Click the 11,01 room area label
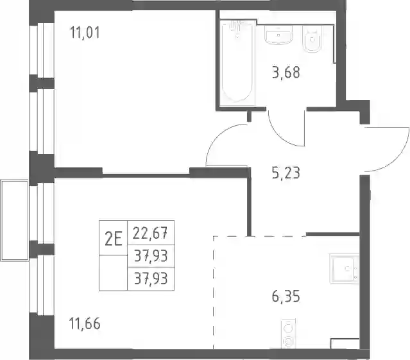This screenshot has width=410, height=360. (x=85, y=33)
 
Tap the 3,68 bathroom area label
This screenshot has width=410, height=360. (x=286, y=73)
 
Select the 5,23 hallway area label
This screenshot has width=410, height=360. (x=286, y=173)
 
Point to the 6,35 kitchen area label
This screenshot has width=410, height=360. (x=286, y=296)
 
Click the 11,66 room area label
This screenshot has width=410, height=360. (x=85, y=323)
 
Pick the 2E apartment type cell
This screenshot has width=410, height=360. (x=113, y=239)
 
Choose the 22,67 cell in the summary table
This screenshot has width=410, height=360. (x=150, y=233)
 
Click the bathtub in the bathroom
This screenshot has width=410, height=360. (x=237, y=63)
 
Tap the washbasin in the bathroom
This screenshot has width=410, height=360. (x=278, y=35)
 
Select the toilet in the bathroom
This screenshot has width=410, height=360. (x=312, y=39)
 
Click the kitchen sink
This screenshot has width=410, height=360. (x=345, y=268)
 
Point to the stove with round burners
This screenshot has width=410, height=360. (x=289, y=334)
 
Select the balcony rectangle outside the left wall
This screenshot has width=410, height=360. (x=15, y=220)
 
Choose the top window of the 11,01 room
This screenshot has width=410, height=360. (x=42, y=50)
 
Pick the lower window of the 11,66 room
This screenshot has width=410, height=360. (x=42, y=285)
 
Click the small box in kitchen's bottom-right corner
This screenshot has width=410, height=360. (x=345, y=343)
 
